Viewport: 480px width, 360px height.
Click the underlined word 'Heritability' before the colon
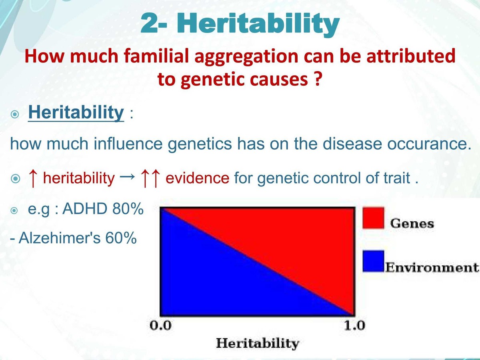click(76, 113)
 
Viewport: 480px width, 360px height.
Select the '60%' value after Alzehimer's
click(120, 238)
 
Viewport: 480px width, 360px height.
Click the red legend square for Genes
click(373, 218)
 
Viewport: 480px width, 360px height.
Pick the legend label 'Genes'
click(412, 223)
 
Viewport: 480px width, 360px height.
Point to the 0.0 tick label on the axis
click(160, 325)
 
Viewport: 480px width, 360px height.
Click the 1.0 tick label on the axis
click(354, 325)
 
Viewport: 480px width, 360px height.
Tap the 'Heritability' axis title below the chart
click(257, 343)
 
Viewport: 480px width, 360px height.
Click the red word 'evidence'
click(197, 178)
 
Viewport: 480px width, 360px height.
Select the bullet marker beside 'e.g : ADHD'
click(15, 210)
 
